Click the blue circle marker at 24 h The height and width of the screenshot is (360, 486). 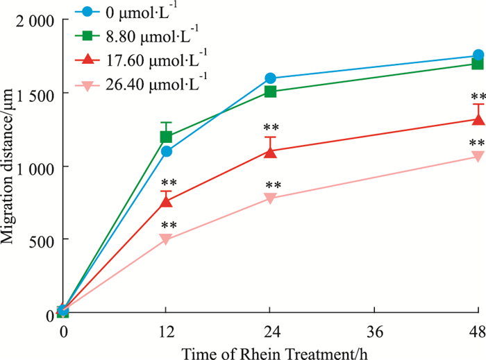tap(270, 78)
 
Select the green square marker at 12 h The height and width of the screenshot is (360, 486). tap(166, 137)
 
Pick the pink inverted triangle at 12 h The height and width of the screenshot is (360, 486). tap(166, 239)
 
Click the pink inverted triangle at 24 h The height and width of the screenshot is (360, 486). tap(270, 198)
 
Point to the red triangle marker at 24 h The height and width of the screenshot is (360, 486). tap(270, 152)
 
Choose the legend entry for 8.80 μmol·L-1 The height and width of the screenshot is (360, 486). tap(167, 31)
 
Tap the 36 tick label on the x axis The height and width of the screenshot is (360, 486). tap(374, 332)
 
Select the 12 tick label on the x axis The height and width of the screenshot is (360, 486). tap(166, 332)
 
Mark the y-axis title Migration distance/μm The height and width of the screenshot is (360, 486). tap(10, 166)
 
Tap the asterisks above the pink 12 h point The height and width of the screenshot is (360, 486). tap(169, 226)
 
